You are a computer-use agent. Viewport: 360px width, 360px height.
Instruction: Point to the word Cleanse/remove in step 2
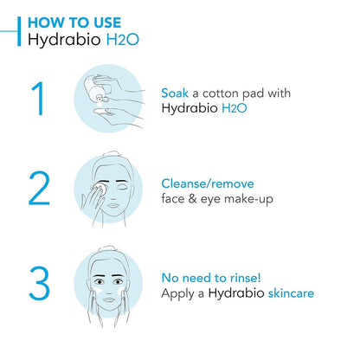209,183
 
